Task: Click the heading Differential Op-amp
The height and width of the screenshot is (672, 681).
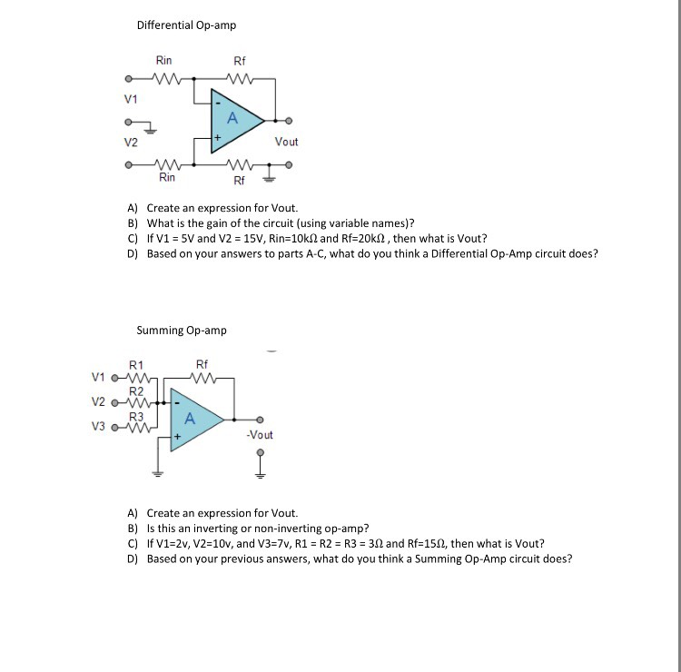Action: coord(186,25)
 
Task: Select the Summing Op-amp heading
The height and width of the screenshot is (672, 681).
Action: coord(182,331)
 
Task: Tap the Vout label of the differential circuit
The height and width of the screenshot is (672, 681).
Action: coord(286,142)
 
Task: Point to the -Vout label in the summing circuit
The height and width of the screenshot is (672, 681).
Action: coord(260,435)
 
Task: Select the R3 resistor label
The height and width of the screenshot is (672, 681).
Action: coord(135,416)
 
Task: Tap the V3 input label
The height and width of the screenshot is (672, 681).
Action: coord(100,425)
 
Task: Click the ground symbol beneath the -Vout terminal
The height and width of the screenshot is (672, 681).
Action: coord(261,471)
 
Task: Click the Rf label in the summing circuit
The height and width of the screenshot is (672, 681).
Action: coord(202,364)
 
